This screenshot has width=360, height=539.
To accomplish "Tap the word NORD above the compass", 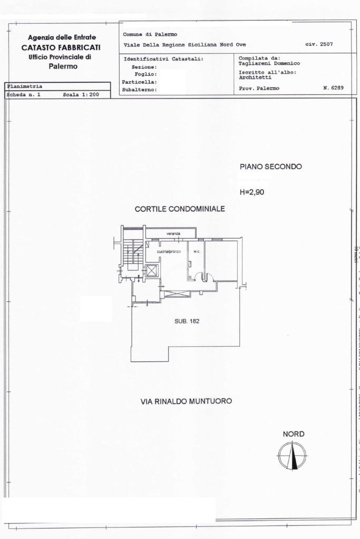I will (294, 434).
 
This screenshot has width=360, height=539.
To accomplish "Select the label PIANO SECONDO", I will (270, 166).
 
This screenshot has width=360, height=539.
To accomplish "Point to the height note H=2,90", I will (252, 192).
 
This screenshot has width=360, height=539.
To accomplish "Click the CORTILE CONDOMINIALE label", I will (180, 209).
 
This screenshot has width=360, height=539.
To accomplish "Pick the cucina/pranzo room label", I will (169, 251).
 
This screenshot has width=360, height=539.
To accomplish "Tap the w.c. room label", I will (197, 251).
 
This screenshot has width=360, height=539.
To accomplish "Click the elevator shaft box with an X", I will (152, 271).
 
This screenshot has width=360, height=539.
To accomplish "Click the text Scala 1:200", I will (77, 95).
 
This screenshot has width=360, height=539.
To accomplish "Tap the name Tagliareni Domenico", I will (269, 64).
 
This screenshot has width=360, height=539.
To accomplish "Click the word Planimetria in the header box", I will (25, 86).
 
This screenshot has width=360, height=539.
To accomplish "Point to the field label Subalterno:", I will (140, 90).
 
